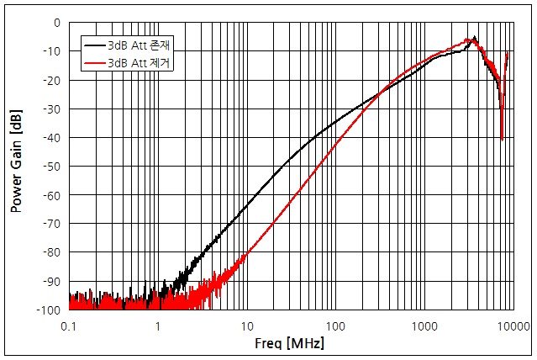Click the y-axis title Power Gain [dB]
(x=16, y=166)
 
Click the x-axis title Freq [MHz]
(x=289, y=343)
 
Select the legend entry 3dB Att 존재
(x=140, y=44)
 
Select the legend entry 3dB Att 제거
(x=140, y=62)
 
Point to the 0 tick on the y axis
(x=56, y=23)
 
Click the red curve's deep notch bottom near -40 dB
(x=502, y=138)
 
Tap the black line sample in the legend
(x=94, y=44)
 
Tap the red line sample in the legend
(x=94, y=62)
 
